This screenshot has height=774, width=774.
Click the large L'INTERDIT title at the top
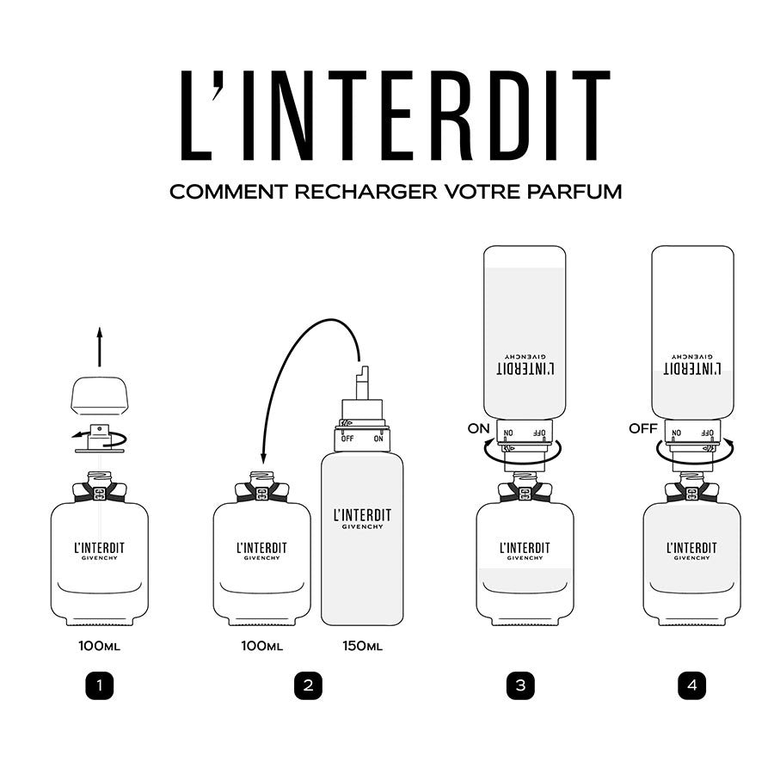[x=396, y=115]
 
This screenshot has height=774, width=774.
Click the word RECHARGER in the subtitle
[x=365, y=192]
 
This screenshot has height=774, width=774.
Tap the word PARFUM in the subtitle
[x=574, y=192]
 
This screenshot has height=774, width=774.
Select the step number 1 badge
[x=100, y=685]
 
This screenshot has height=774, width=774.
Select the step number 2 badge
[x=308, y=685]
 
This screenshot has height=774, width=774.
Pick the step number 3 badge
[x=520, y=685]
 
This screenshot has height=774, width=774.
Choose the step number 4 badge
[x=692, y=685]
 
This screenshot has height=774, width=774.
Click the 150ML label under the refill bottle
[x=362, y=646]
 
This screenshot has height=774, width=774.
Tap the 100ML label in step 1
[x=99, y=646]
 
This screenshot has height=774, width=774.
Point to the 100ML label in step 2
[x=262, y=646]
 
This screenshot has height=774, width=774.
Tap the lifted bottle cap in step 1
[x=100, y=396]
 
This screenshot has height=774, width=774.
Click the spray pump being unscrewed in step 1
[x=100, y=438]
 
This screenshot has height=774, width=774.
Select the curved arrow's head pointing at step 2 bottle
[x=264, y=458]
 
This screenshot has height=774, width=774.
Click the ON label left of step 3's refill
[x=478, y=428]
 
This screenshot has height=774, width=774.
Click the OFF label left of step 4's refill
[x=643, y=428]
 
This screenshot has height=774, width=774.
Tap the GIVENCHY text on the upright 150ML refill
[x=362, y=526]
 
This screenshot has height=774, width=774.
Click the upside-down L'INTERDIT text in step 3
[x=525, y=369]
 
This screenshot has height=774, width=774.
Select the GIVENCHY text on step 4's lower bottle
[x=691, y=558]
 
